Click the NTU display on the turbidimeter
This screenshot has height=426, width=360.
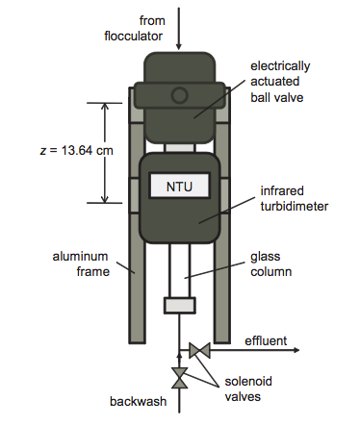point(179,186)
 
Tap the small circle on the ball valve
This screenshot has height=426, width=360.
point(179,95)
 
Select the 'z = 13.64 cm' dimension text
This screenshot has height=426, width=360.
point(77,150)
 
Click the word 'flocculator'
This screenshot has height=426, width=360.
point(134,36)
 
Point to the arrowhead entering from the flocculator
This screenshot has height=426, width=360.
point(179,46)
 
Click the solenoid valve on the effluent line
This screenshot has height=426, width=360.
point(199,350)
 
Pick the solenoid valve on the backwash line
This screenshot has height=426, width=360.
point(179,378)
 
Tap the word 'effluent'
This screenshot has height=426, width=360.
point(266,340)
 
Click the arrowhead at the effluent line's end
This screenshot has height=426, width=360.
point(296,350)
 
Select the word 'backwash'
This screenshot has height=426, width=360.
point(139,401)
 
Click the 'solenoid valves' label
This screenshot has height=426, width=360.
point(248,388)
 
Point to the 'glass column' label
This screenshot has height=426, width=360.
point(271,263)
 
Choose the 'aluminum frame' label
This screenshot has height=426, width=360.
point(81,263)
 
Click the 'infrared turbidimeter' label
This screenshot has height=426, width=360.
point(295,198)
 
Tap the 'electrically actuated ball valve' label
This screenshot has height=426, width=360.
point(280,82)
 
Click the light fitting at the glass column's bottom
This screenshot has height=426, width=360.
point(180,305)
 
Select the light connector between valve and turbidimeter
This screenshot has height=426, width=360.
point(180,148)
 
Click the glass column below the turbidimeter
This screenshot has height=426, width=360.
point(180,270)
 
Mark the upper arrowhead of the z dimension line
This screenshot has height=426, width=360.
point(105,107)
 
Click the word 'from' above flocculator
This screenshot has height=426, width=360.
point(152,20)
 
